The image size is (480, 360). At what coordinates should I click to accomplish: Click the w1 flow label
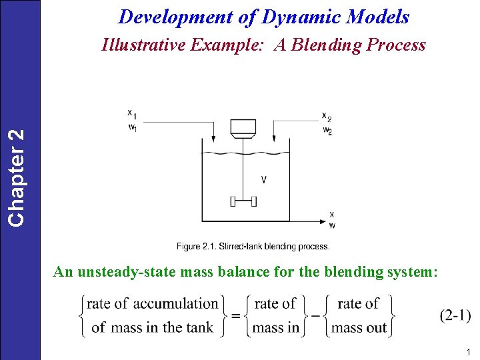(x=133, y=127)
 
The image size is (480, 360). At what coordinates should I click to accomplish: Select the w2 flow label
(x=327, y=130)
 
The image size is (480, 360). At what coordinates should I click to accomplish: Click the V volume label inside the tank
(x=264, y=179)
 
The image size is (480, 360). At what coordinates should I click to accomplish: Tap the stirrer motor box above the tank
(x=241, y=127)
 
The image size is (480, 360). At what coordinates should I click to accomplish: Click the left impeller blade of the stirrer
(x=233, y=201)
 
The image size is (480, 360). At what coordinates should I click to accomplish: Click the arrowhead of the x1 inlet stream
(x=212, y=139)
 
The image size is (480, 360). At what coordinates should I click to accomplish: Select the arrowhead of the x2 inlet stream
(x=275, y=139)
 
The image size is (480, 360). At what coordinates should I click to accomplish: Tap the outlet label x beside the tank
(x=331, y=215)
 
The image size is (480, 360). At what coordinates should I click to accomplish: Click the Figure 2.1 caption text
(x=253, y=247)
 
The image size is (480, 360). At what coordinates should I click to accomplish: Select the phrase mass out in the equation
(x=359, y=327)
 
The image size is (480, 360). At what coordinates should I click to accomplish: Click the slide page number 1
(x=469, y=352)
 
